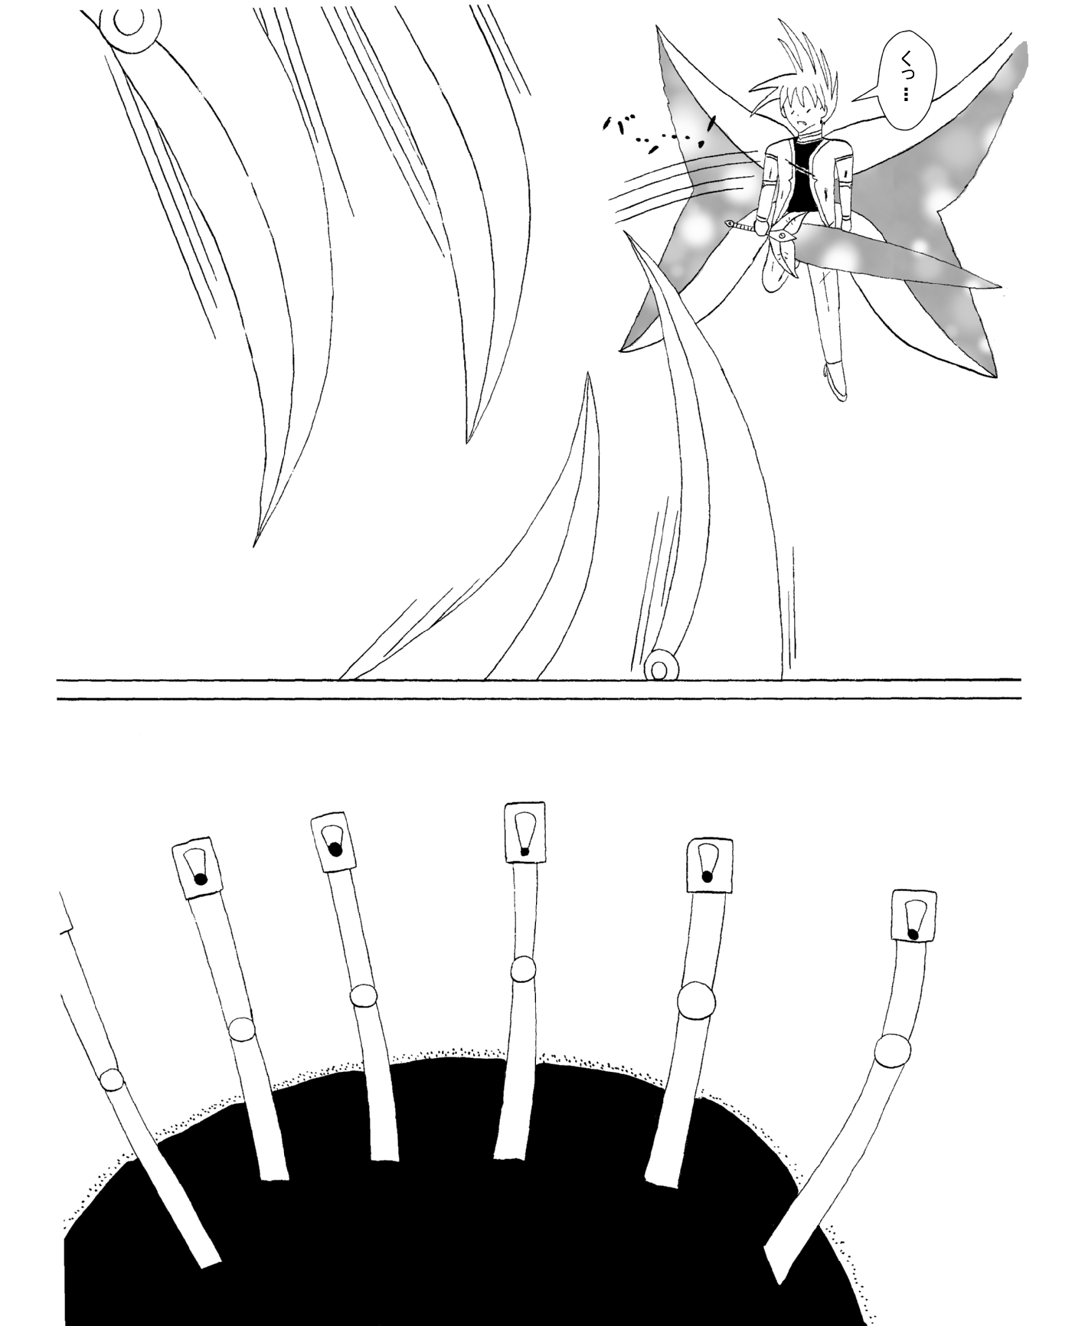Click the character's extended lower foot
837,380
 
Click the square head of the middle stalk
525,831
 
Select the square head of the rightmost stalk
913,916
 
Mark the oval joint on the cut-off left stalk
112,1079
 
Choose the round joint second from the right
696,1001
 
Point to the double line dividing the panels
539,688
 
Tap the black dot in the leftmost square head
201,879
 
